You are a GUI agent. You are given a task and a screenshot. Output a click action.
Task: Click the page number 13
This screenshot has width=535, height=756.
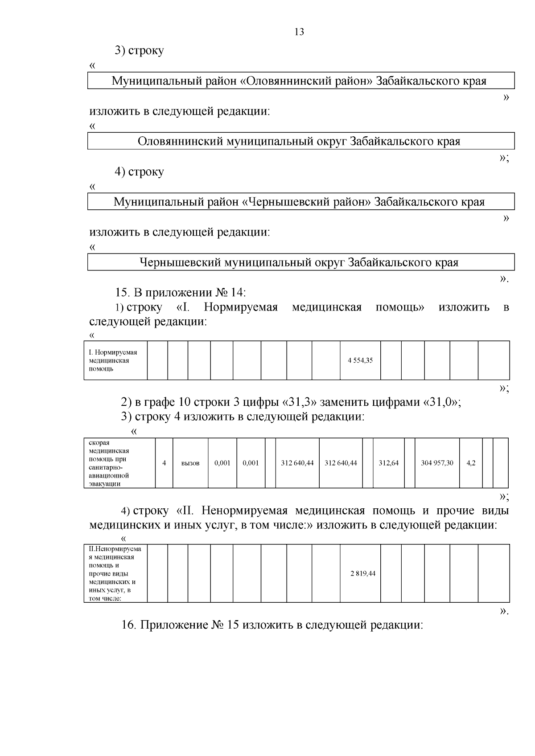(x=299, y=32)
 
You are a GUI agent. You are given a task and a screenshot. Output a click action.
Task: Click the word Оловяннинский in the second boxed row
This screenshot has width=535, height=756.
(x=180, y=141)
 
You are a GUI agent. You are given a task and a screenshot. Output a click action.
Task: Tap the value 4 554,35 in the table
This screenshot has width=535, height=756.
(x=360, y=360)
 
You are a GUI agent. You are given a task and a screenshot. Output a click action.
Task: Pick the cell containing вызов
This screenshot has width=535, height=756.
(x=190, y=463)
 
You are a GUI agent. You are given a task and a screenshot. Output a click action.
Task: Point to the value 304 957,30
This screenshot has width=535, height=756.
(x=437, y=463)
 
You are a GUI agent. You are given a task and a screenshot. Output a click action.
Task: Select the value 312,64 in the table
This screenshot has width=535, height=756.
(x=388, y=463)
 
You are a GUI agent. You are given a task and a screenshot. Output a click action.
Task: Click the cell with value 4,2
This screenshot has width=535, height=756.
(x=471, y=463)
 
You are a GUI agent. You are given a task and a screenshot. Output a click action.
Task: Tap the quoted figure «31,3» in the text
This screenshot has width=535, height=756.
(x=300, y=402)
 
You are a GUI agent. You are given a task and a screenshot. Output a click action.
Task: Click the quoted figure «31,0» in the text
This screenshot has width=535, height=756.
(x=441, y=402)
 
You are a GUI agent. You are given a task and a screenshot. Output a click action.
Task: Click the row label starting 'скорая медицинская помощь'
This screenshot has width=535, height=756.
(x=109, y=463)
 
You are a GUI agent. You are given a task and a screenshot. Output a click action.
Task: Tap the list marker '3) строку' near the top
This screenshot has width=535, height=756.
(x=139, y=50)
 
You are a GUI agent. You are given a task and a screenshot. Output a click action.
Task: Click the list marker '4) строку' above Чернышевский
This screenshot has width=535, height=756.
(x=139, y=172)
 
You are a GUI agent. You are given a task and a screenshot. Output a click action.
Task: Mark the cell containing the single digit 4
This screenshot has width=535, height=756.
(x=164, y=463)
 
